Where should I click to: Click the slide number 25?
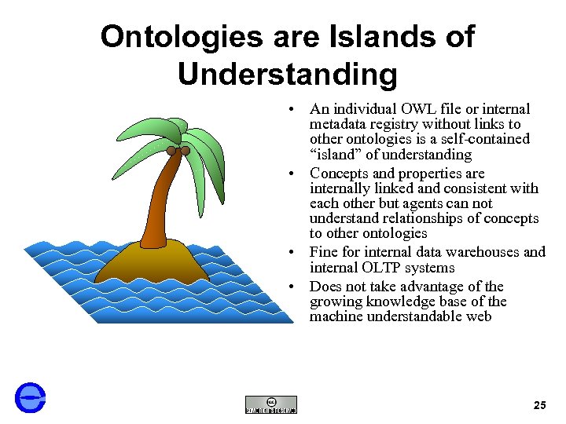(x=539, y=405)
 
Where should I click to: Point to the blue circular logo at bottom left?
(x=31, y=397)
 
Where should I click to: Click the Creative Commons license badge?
(x=270, y=404)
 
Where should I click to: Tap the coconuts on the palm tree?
(x=178, y=150)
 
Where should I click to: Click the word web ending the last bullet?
(x=477, y=316)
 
